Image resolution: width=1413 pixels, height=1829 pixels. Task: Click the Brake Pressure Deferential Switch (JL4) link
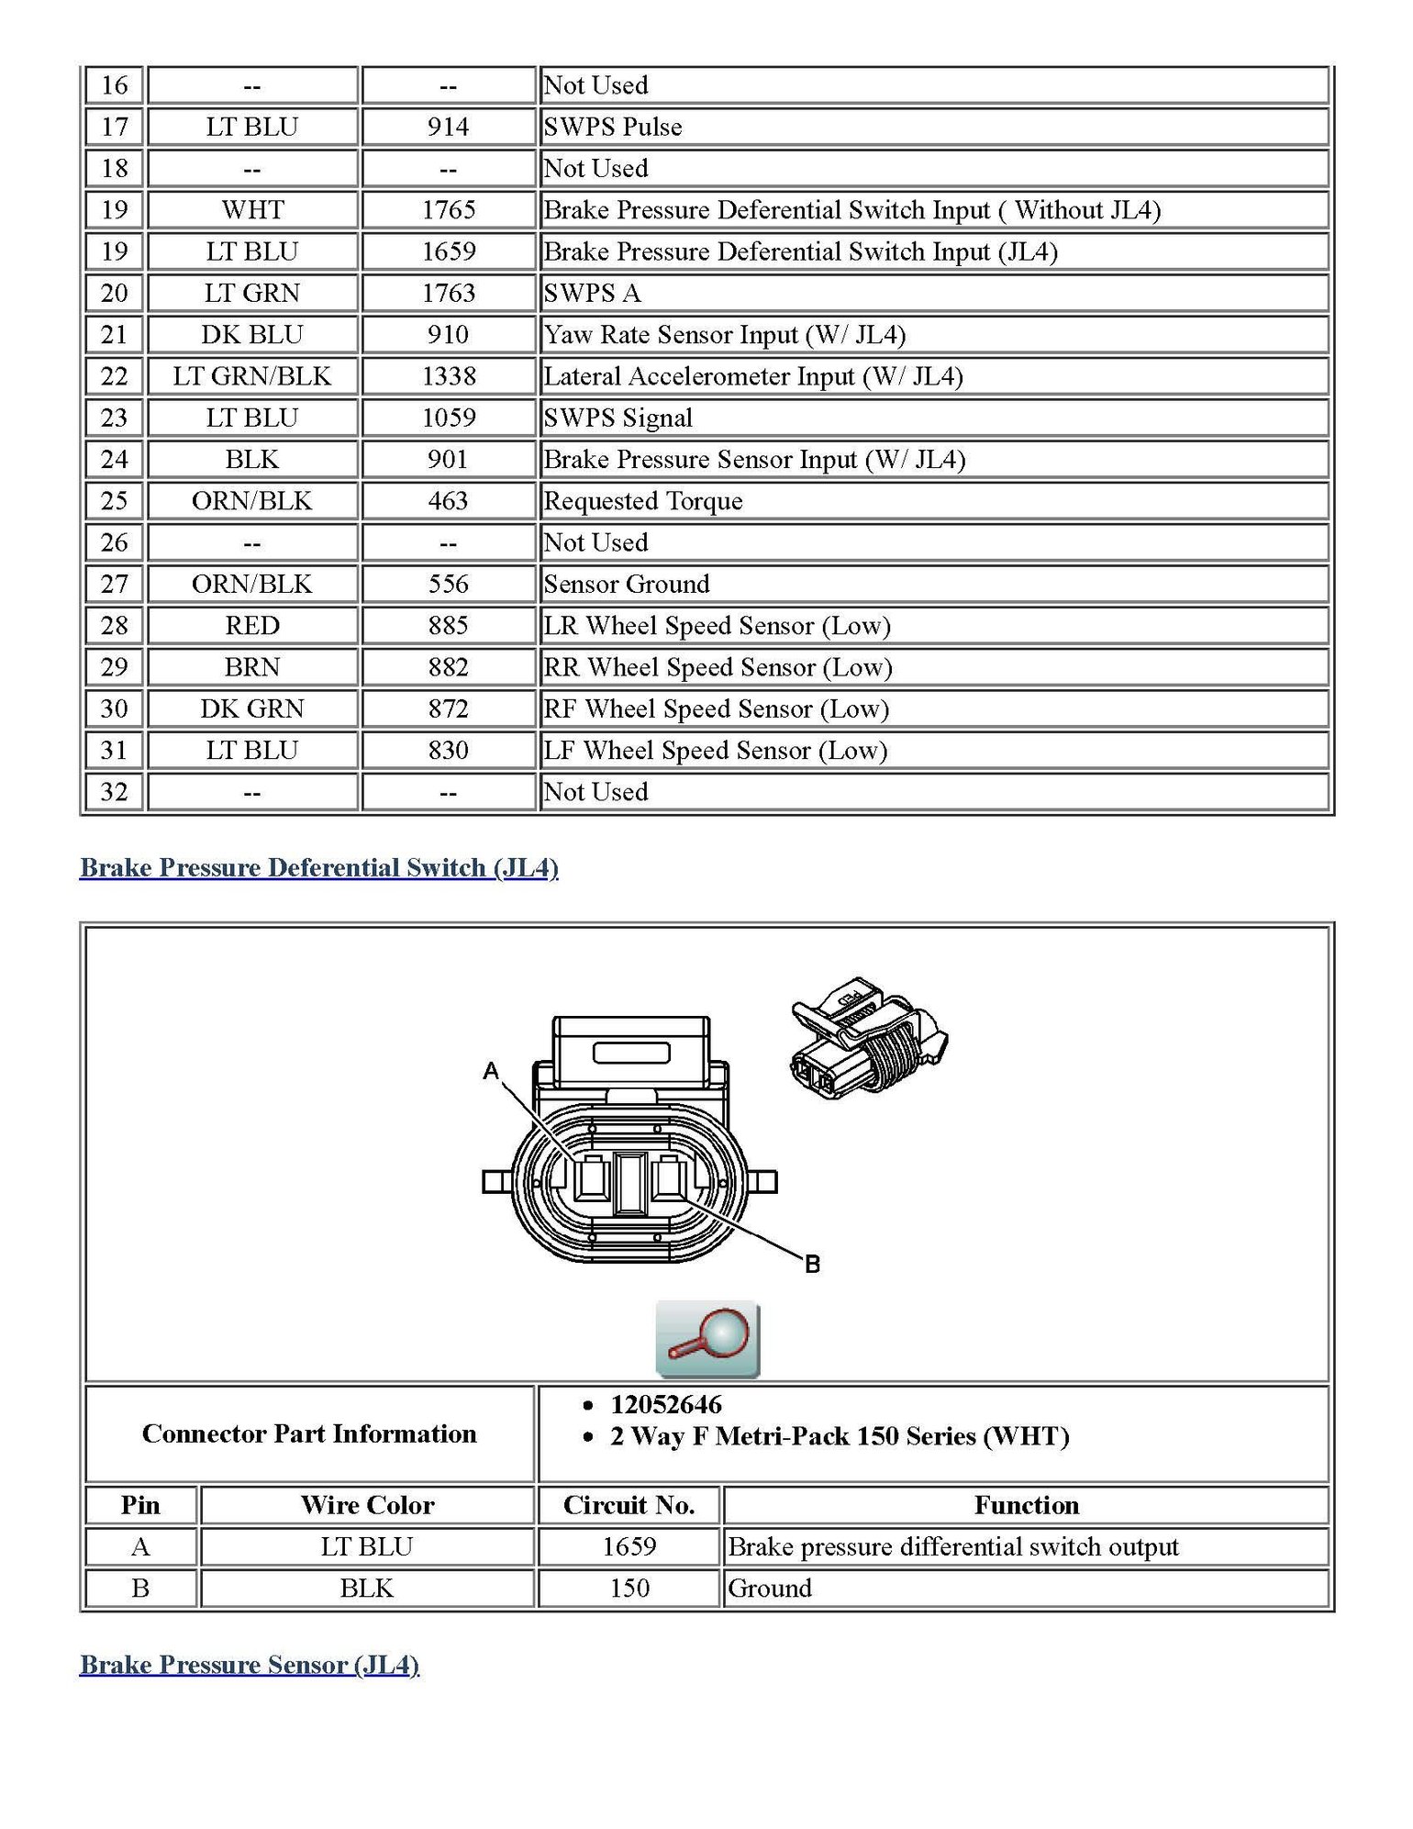(318, 867)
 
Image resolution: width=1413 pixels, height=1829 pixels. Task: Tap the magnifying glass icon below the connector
(707, 1339)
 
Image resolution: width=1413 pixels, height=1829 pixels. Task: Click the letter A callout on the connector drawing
(492, 1070)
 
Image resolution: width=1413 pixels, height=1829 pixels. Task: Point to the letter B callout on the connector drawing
(812, 1264)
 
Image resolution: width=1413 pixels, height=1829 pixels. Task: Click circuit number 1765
(448, 210)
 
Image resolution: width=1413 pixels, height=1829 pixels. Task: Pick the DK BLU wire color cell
(251, 335)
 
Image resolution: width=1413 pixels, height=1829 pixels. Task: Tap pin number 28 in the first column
(114, 626)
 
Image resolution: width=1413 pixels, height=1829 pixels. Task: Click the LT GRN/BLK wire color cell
(251, 376)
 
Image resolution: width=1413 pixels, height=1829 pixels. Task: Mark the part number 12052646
(666, 1404)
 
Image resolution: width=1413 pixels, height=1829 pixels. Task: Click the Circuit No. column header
(629, 1505)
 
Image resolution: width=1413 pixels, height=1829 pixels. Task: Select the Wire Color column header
(367, 1505)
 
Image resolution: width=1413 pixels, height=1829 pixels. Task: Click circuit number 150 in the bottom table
(629, 1589)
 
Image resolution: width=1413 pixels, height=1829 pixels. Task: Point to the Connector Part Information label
(309, 1433)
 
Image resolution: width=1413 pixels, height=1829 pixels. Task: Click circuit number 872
(448, 708)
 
